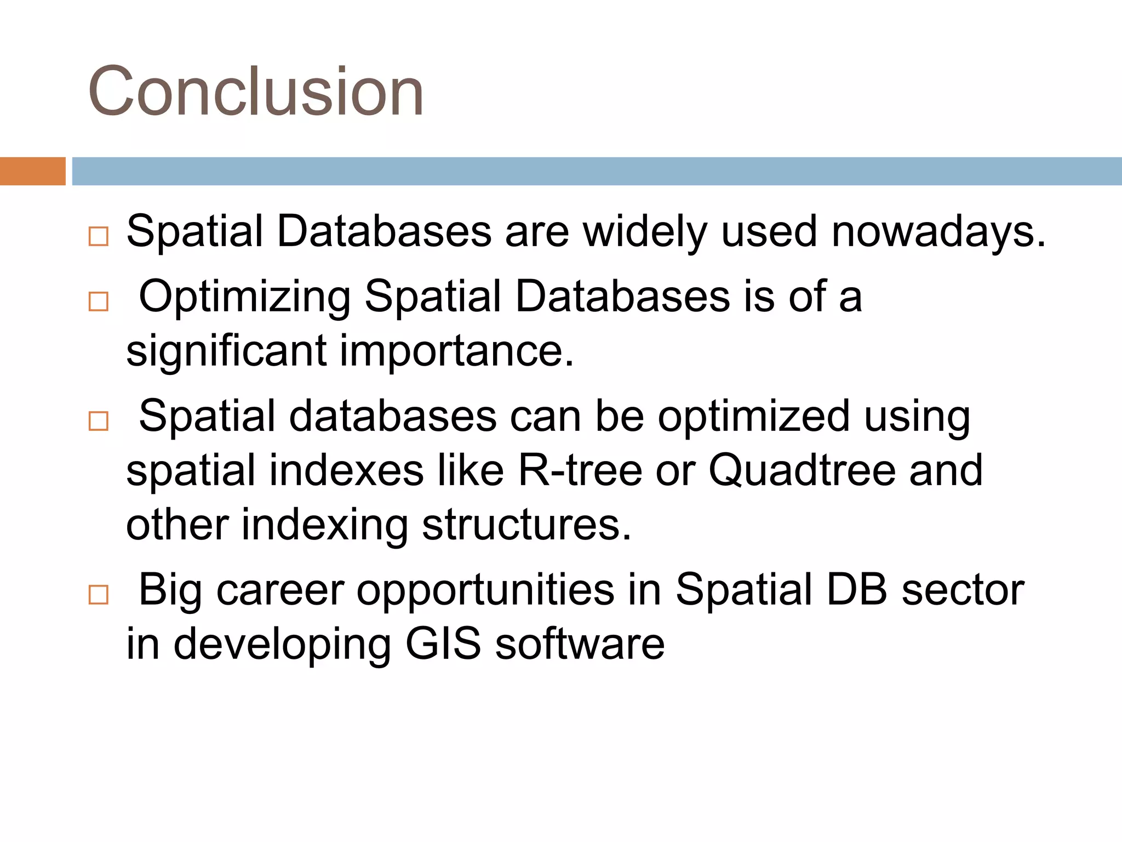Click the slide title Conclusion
coord(255,91)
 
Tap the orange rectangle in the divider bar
coord(32,171)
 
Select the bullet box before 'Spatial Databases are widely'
coord(99,236)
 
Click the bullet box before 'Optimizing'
coord(99,301)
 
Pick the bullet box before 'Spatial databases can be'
coord(99,421)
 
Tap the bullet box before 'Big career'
coord(99,594)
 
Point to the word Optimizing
coord(244,297)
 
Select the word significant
coord(226,351)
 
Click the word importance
coord(456,351)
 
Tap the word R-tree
coord(580,470)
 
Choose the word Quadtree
coord(802,470)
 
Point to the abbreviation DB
coord(856,590)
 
